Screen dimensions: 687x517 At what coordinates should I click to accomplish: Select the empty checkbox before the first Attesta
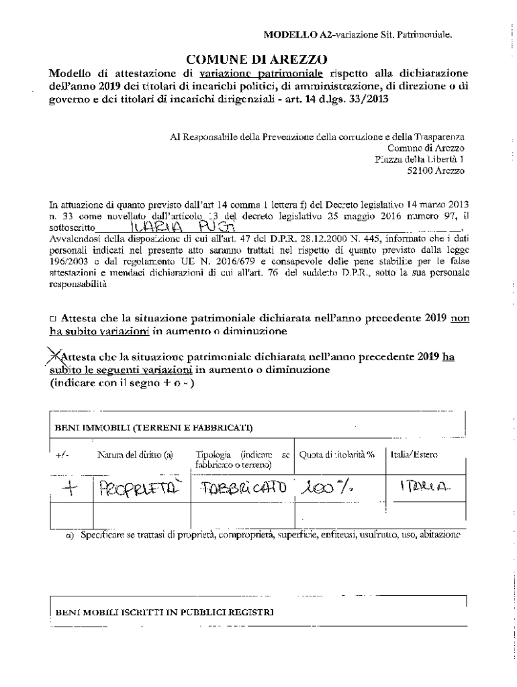point(53,319)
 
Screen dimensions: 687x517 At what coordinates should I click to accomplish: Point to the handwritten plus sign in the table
point(69,488)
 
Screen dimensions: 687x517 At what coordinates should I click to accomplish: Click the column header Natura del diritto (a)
point(135,454)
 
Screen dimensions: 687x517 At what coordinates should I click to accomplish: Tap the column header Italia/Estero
point(414,454)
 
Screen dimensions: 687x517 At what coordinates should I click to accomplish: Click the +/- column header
point(62,455)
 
